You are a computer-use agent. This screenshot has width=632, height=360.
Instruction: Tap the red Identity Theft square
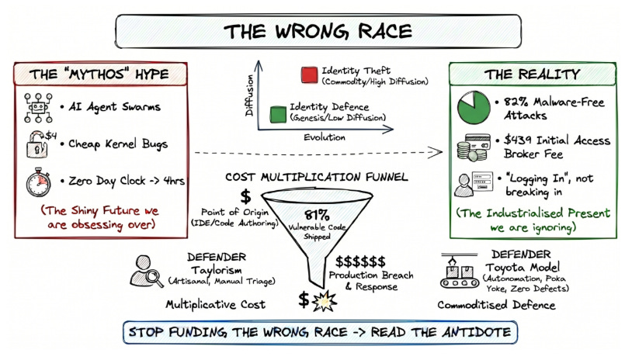tap(306, 74)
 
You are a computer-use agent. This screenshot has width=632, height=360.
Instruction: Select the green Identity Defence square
tap(277, 112)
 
